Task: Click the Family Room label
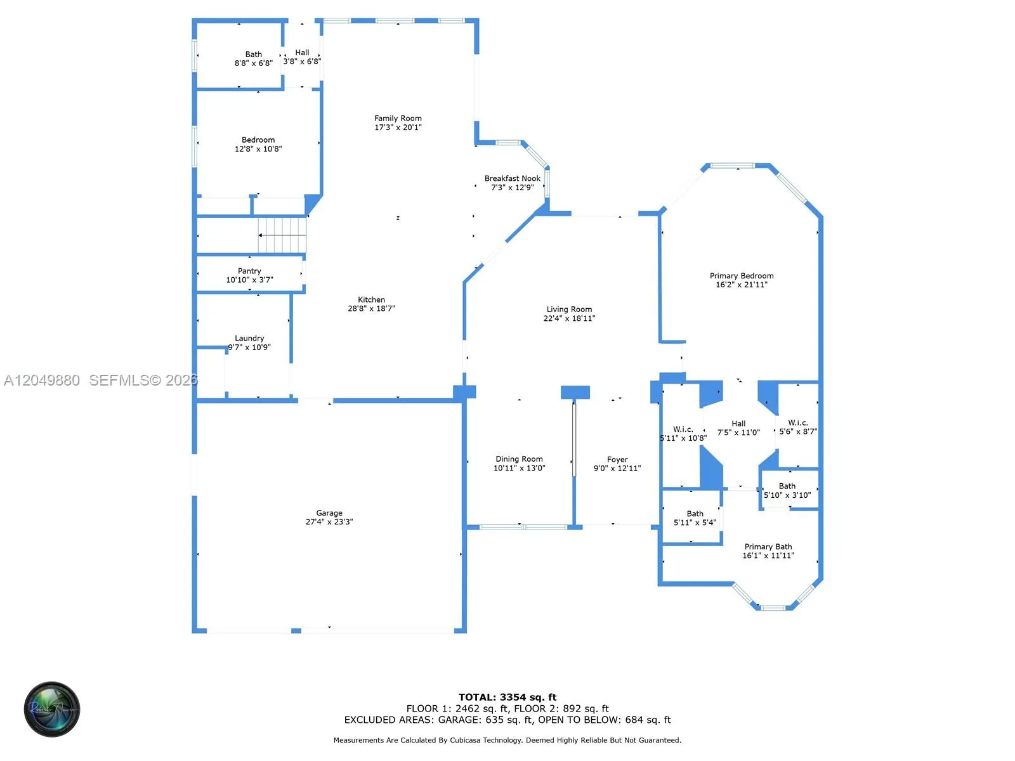(x=398, y=119)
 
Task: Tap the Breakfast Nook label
(x=513, y=178)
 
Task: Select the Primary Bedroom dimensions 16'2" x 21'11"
(x=741, y=285)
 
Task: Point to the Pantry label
(x=249, y=271)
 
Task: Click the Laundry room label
(x=249, y=338)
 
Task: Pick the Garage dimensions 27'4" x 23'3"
(x=329, y=522)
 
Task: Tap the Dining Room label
(x=519, y=459)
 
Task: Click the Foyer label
(x=617, y=459)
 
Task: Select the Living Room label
(x=569, y=309)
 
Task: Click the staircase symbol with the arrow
(x=282, y=235)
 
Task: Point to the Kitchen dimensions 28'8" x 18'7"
(x=371, y=308)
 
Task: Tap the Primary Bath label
(x=768, y=547)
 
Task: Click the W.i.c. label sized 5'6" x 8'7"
(x=797, y=423)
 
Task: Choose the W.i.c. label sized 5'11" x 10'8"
(x=683, y=429)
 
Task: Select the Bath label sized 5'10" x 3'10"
(x=787, y=486)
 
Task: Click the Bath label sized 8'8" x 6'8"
(x=253, y=54)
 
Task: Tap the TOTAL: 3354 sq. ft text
(x=507, y=697)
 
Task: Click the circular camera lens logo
(x=52, y=709)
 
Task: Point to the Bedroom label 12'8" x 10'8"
(x=258, y=140)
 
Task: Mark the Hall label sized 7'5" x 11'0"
(x=738, y=423)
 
